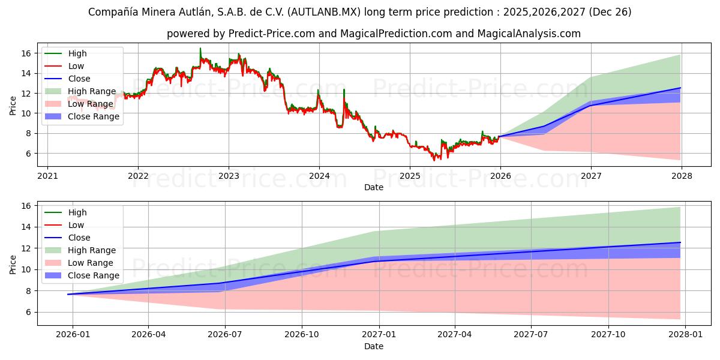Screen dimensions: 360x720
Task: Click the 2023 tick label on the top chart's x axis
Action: tap(229, 176)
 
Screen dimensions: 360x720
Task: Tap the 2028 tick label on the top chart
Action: tap(682, 176)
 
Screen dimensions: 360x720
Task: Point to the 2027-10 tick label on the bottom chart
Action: tap(608, 335)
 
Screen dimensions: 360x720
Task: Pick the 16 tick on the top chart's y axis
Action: tap(25, 53)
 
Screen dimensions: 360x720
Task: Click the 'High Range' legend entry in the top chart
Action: tap(92, 91)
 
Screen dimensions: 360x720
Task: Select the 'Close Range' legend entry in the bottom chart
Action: tap(94, 275)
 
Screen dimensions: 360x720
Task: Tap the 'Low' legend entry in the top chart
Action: tap(76, 66)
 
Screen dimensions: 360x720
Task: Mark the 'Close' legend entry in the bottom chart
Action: tap(79, 238)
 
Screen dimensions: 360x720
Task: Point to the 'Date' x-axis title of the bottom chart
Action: tap(373, 346)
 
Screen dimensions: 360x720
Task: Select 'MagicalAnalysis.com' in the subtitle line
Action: tap(529, 34)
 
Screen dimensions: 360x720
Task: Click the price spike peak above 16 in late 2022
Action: tap(200, 49)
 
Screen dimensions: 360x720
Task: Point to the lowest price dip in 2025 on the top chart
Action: tap(434, 160)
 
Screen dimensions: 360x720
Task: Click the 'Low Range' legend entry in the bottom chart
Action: tap(91, 263)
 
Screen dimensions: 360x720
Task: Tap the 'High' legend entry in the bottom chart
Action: tap(77, 212)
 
